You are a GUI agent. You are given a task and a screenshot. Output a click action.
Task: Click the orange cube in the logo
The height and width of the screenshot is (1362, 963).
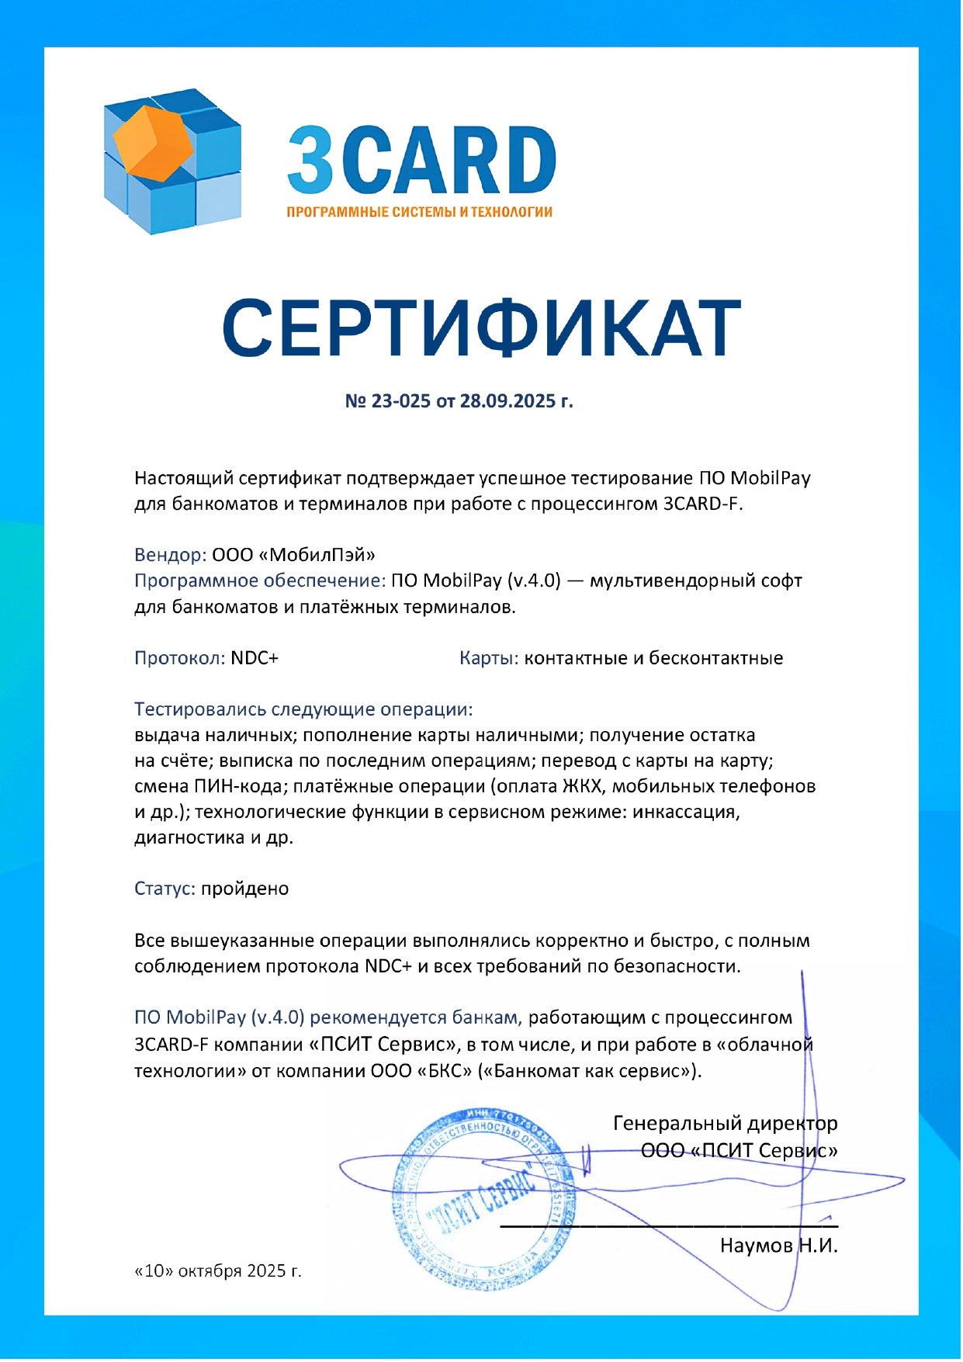pyautogui.click(x=154, y=142)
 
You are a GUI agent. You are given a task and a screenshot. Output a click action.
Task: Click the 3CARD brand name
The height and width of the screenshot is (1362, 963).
pyautogui.click(x=421, y=161)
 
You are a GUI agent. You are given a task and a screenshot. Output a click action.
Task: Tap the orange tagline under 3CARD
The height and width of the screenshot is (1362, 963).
pyautogui.click(x=419, y=212)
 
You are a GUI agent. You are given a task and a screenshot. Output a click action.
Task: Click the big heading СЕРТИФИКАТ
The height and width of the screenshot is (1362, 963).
pyautogui.click(x=481, y=328)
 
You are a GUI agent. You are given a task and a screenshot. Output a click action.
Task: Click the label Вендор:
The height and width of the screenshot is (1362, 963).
pyautogui.click(x=170, y=555)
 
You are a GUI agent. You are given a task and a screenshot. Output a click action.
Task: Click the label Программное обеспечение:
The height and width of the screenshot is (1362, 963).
pyautogui.click(x=259, y=580)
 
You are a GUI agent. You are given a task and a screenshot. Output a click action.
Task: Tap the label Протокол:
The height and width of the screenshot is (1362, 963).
pyautogui.click(x=179, y=658)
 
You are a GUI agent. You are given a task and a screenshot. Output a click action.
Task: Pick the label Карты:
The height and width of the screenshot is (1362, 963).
pyautogui.click(x=488, y=658)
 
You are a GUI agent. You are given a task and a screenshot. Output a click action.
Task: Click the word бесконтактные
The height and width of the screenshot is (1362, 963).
pyautogui.click(x=715, y=658)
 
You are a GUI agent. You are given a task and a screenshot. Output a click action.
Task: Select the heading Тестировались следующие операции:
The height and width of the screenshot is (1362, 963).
pyautogui.click(x=303, y=709)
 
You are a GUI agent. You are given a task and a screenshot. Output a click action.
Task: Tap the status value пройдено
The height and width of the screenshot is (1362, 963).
pyautogui.click(x=244, y=889)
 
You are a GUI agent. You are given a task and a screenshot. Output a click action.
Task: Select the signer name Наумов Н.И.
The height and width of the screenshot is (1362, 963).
pyautogui.click(x=778, y=1246)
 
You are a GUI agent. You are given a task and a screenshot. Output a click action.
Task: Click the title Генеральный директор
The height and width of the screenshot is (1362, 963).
pyautogui.click(x=725, y=1123)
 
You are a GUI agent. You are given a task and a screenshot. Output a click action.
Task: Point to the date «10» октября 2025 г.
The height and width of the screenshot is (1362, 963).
pyautogui.click(x=218, y=1270)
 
